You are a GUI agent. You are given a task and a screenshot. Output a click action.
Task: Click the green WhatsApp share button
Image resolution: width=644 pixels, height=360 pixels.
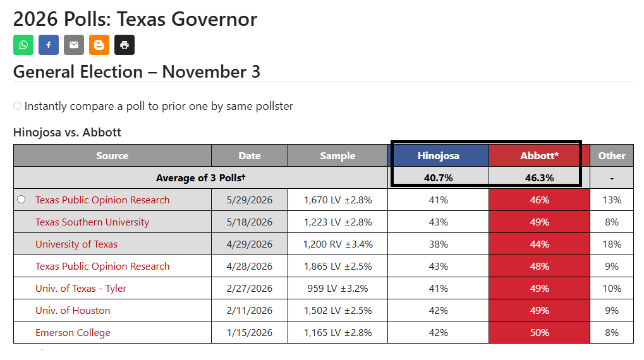coord(23,45)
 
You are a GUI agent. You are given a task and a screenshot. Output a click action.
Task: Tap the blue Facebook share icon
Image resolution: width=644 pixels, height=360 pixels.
coord(49,45)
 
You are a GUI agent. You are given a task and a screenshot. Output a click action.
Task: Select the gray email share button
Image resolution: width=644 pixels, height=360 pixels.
coord(74,45)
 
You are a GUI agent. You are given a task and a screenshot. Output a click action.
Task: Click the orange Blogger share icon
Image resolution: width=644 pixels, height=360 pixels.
coord(99,45)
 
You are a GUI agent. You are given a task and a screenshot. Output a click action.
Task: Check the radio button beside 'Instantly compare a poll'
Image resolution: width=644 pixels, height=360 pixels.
coord(17,106)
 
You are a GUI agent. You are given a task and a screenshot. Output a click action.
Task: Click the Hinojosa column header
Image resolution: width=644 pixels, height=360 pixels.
coord(438,155)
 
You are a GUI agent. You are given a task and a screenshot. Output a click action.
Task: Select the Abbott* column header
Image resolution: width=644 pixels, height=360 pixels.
coord(539,155)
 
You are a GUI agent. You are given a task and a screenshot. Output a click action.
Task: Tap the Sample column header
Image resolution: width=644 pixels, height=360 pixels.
coord(337,155)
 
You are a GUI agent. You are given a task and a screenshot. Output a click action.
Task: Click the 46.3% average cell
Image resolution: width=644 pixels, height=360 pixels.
coord(539,177)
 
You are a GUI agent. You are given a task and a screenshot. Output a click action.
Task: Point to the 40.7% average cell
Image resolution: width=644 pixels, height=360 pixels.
coord(438,177)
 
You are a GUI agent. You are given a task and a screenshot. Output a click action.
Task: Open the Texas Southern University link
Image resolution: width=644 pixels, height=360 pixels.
coord(92,222)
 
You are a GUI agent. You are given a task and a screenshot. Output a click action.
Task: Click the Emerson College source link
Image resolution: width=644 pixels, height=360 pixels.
coord(73,332)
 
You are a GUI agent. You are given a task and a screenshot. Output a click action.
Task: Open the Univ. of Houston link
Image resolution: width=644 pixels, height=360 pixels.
coord(73,310)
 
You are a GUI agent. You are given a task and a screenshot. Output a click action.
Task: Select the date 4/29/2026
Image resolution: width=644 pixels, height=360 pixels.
coord(249,244)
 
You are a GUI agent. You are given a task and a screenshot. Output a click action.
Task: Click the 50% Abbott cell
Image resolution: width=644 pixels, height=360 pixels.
coord(539,332)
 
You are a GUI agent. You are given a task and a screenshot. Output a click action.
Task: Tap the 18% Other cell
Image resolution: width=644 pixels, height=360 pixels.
coord(612,244)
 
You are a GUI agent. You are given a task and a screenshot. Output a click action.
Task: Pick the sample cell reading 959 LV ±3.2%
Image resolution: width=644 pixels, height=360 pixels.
coord(337,288)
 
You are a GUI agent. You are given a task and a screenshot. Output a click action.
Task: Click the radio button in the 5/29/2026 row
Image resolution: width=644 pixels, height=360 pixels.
coord(21,200)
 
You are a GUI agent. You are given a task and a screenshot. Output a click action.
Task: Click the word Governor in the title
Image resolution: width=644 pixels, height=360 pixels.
coord(214,20)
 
